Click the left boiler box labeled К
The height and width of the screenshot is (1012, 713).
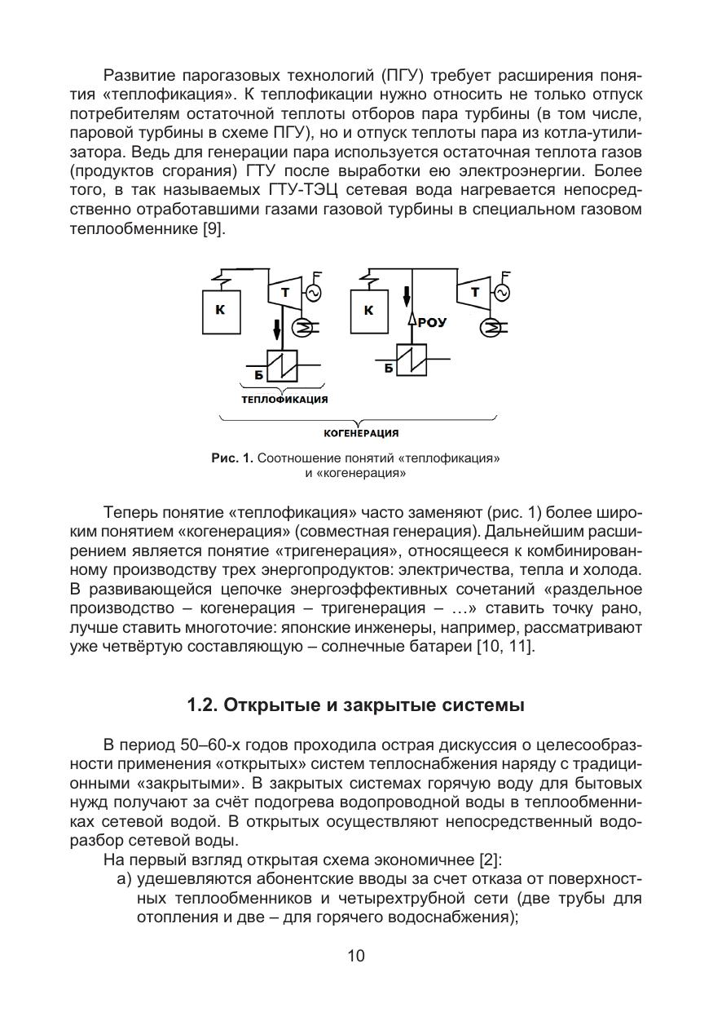click(x=222, y=310)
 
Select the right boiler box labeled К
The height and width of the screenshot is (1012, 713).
click(x=369, y=310)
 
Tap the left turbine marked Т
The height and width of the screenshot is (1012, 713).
click(x=284, y=293)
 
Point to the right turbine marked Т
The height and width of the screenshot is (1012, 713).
click(x=474, y=292)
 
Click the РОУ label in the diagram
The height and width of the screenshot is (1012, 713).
click(x=433, y=322)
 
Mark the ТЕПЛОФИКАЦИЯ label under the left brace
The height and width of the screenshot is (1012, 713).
click(x=284, y=400)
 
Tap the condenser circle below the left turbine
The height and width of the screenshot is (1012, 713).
click(x=301, y=326)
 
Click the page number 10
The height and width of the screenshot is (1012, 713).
click(x=356, y=956)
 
